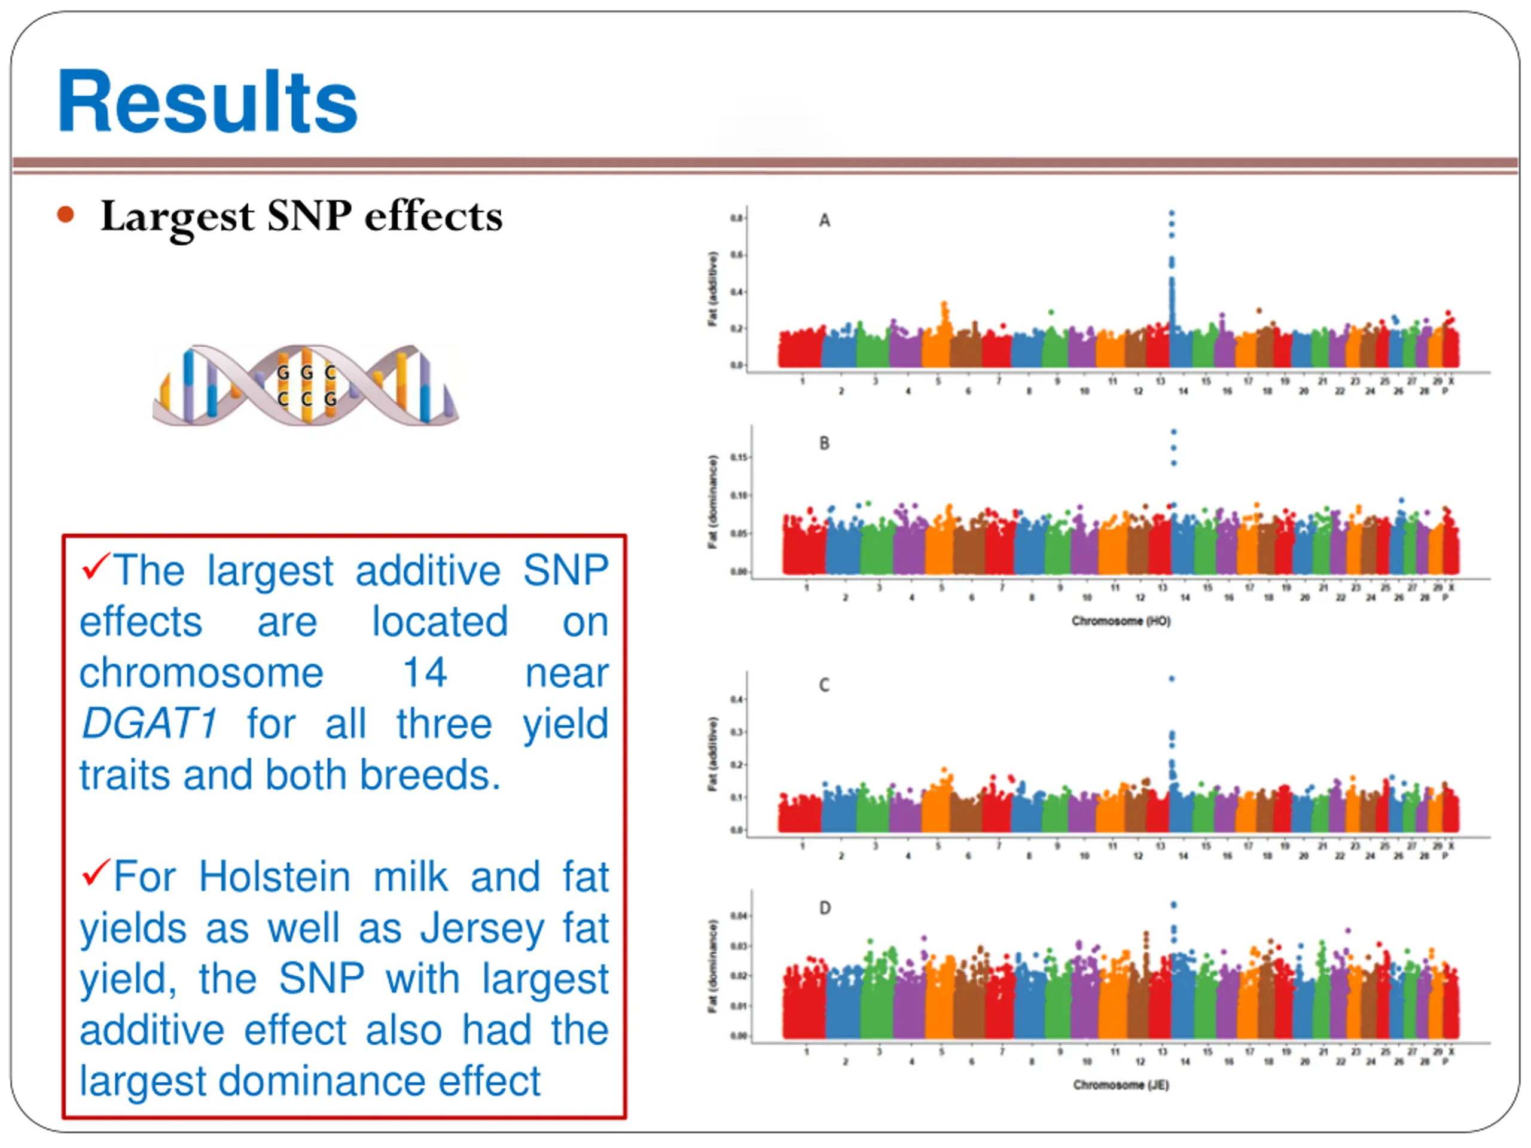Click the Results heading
click(x=207, y=102)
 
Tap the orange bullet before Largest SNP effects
click(x=66, y=215)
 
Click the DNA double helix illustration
click(x=305, y=384)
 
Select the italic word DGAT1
click(x=150, y=724)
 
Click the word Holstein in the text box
click(x=275, y=877)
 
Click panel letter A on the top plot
click(x=824, y=221)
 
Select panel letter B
click(x=824, y=444)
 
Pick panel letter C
click(x=824, y=685)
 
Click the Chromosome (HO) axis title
click(x=1121, y=621)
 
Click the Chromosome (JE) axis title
click(x=1121, y=1085)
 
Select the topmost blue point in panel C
click(x=1172, y=679)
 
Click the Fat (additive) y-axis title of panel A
click(x=713, y=289)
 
